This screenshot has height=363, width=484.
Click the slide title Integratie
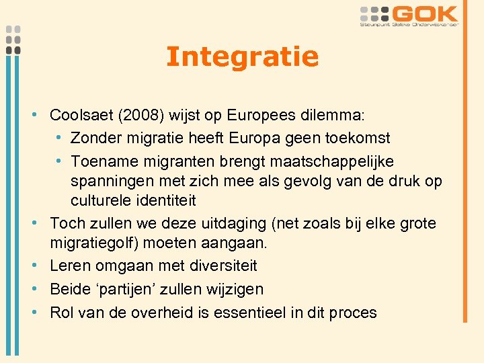242,57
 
